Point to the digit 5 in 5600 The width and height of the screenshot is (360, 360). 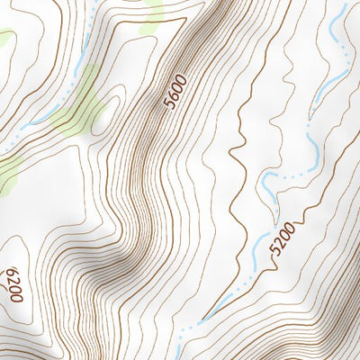168,105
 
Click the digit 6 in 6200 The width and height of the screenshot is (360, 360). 13,270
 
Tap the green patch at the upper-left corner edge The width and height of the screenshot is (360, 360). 5,39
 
